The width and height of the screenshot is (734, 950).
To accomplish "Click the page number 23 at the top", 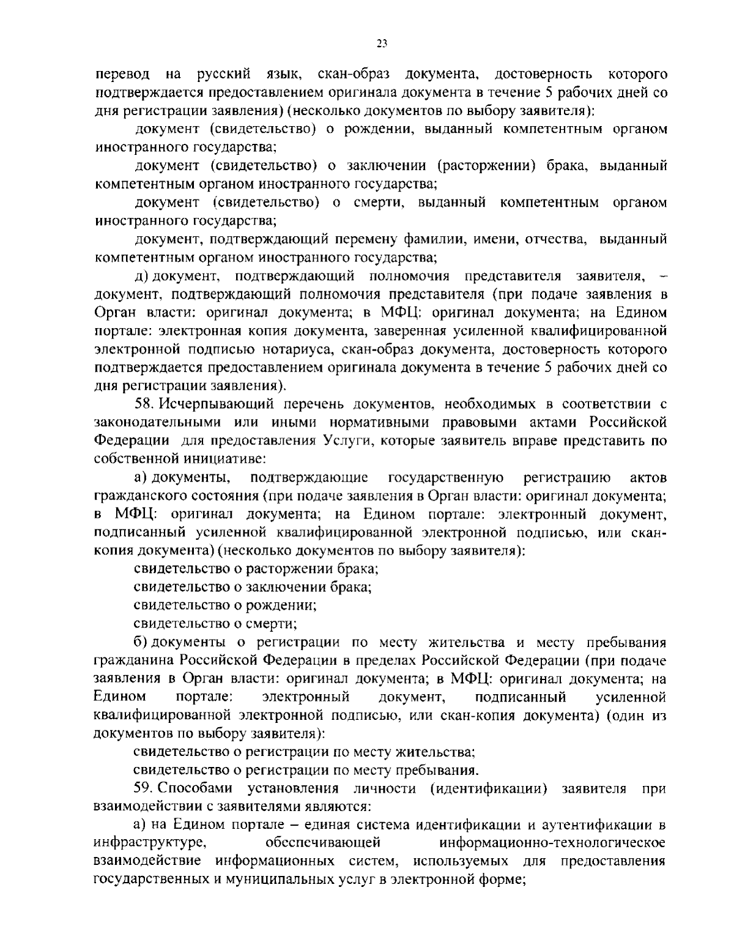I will [x=382, y=43].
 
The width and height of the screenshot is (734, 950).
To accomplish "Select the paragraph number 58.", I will [x=143, y=404].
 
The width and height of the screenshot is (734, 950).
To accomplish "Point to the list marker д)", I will [x=143, y=276].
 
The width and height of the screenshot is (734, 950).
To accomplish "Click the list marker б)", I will [x=142, y=642].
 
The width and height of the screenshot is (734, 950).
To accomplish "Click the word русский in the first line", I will [x=223, y=75].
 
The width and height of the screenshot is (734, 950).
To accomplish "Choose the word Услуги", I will [x=346, y=441].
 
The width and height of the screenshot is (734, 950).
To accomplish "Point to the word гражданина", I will [x=135, y=660].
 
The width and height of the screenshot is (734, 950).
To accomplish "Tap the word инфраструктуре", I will [x=149, y=843].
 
